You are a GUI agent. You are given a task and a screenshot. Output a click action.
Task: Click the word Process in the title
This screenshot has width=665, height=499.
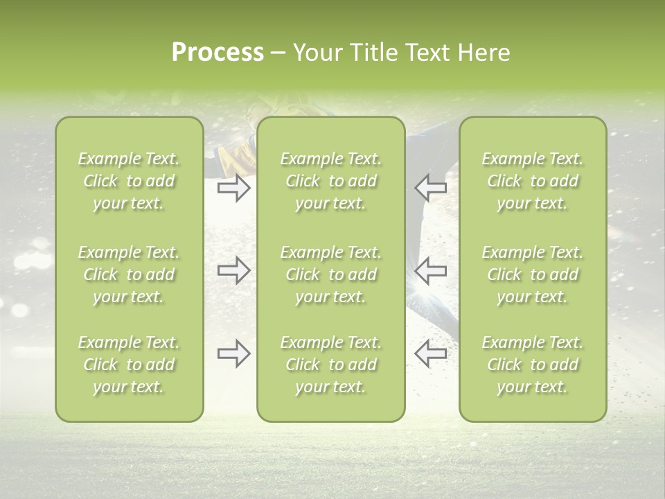pyautogui.click(x=218, y=53)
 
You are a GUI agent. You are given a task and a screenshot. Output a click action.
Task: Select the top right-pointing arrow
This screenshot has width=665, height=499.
pyautogui.click(x=233, y=188)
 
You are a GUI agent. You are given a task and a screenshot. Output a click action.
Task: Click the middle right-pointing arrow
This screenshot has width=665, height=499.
pyautogui.click(x=233, y=270)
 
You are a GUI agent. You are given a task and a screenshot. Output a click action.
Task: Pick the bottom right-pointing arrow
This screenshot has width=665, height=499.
pyautogui.click(x=233, y=353)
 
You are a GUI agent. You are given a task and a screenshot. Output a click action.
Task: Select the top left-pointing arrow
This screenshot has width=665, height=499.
pyautogui.click(x=431, y=188)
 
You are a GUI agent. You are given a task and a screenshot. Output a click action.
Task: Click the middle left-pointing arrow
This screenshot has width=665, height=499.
pyautogui.click(x=431, y=270)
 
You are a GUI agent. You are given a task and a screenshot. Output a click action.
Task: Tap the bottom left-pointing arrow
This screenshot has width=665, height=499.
pyautogui.click(x=431, y=353)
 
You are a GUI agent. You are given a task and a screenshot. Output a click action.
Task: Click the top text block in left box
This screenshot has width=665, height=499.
pyautogui.click(x=129, y=181)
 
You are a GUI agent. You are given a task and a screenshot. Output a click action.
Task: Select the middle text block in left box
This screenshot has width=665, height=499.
pyautogui.click(x=129, y=274)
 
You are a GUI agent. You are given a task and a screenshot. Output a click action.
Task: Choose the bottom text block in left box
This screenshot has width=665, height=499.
pyautogui.click(x=129, y=365)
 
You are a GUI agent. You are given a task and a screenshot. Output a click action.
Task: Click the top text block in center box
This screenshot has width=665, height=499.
pyautogui.click(x=330, y=181)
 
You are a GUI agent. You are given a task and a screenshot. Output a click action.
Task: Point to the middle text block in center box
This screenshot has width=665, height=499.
pyautogui.click(x=330, y=274)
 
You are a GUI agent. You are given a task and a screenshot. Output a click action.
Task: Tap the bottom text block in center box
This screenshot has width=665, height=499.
pyautogui.click(x=330, y=365)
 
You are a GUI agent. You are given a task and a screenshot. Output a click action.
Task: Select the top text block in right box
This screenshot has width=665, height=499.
pyautogui.click(x=532, y=181)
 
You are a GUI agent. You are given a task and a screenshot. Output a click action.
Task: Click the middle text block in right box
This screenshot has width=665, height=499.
pyautogui.click(x=532, y=274)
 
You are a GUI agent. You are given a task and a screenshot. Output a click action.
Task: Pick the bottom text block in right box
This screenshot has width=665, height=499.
pyautogui.click(x=532, y=365)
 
